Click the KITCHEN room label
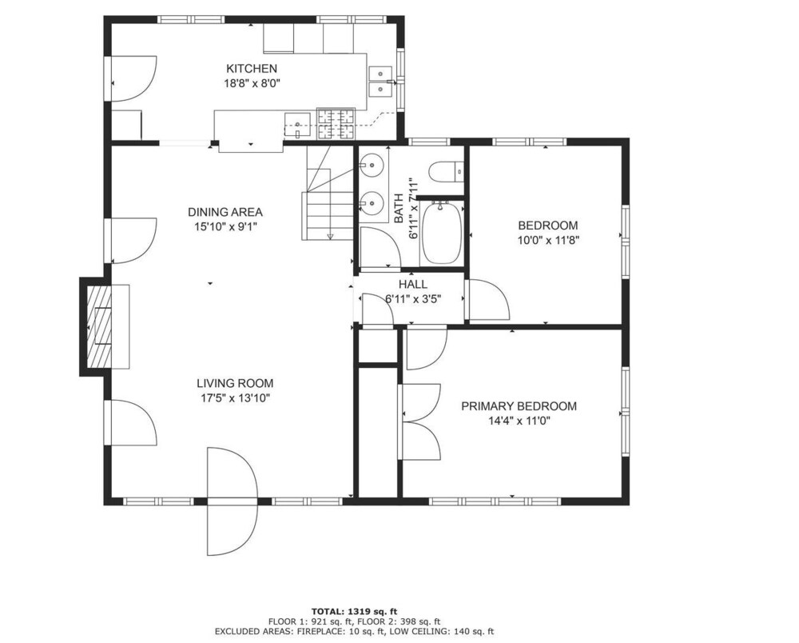[x=252, y=68]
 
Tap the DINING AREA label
[x=225, y=212]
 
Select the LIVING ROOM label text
[x=235, y=383]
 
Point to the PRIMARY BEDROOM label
[x=519, y=406]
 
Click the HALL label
[x=413, y=285]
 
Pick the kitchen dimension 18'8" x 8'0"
[x=252, y=83]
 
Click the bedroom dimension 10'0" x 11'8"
[x=548, y=240]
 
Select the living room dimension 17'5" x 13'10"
[x=235, y=397]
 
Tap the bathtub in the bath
[x=442, y=233]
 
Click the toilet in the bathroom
[x=446, y=172]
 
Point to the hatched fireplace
[x=99, y=326]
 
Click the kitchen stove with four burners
[x=336, y=124]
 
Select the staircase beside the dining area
[x=327, y=194]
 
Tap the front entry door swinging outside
[x=233, y=501]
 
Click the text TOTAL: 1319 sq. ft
[x=354, y=611]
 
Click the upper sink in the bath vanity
[x=372, y=164]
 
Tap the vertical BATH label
[x=399, y=208]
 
